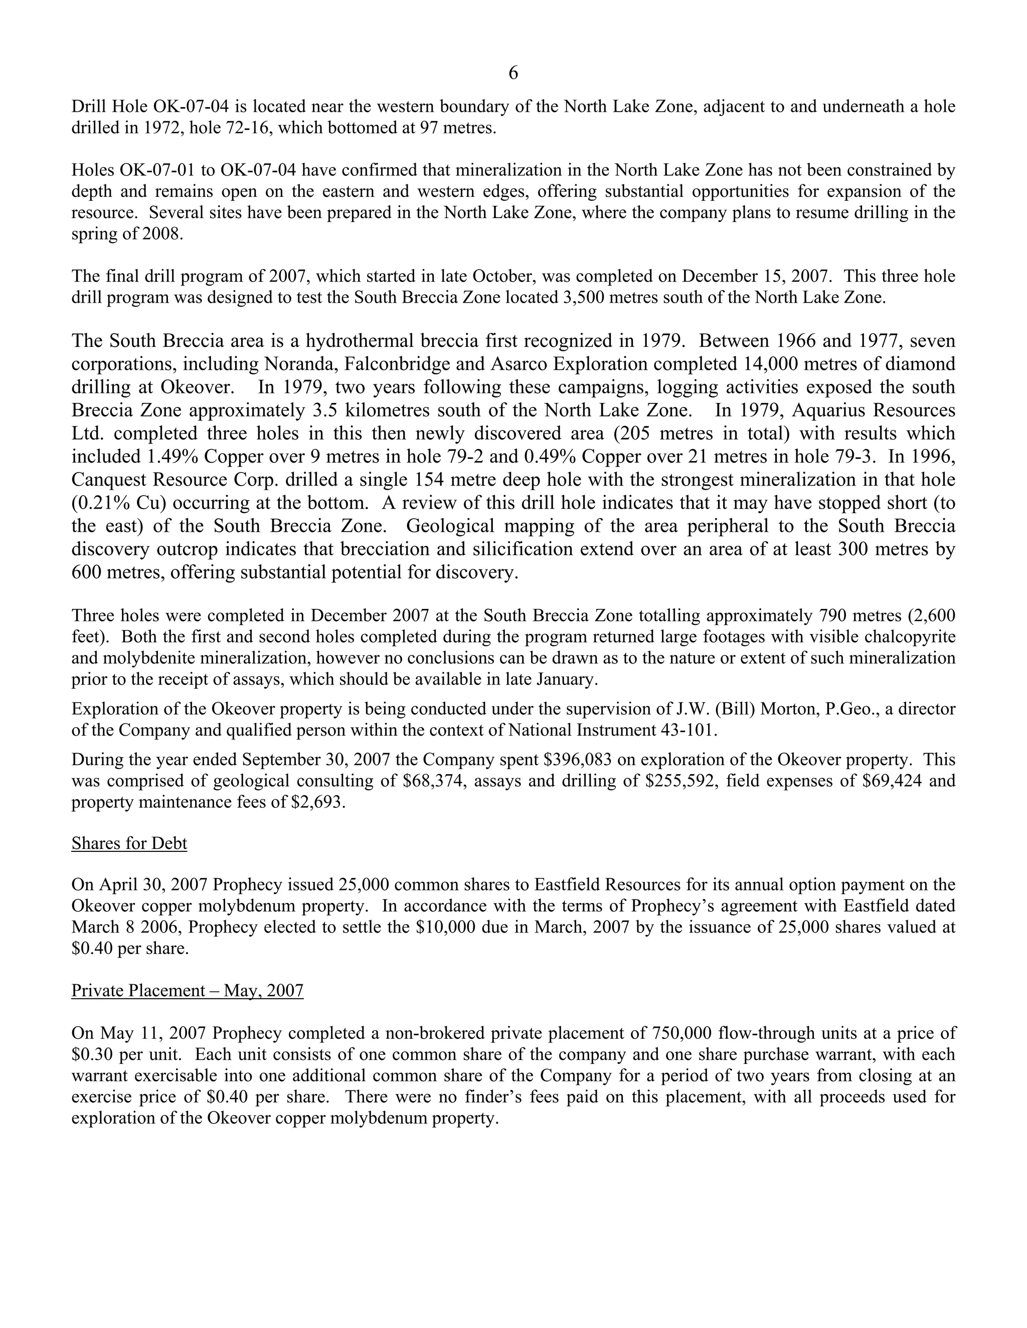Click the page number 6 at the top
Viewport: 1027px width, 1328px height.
[513, 74]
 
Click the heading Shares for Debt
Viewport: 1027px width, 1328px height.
[129, 843]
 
